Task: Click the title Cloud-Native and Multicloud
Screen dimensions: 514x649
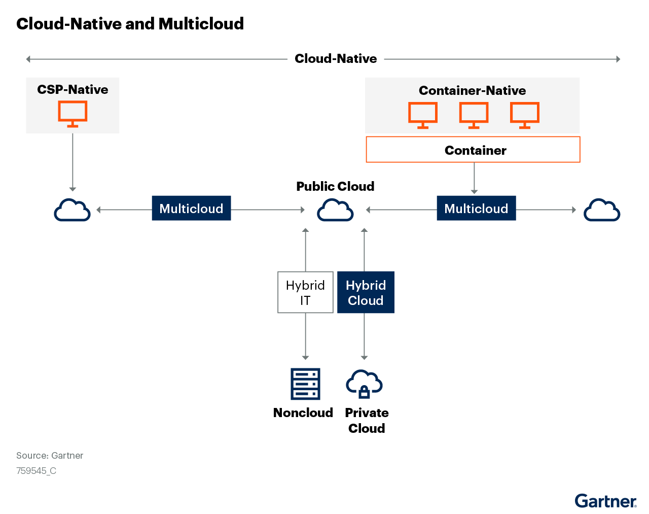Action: tap(130, 24)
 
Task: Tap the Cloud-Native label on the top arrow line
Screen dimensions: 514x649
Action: tap(336, 59)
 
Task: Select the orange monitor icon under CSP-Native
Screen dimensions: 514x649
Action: tap(73, 114)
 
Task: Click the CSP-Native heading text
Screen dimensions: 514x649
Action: tap(73, 90)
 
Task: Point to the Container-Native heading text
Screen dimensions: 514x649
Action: tap(472, 91)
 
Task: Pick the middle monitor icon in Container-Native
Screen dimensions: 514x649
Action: tap(474, 115)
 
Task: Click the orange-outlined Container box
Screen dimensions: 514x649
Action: tap(473, 150)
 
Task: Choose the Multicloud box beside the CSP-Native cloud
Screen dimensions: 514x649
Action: tap(191, 209)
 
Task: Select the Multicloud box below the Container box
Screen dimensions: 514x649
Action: tap(476, 209)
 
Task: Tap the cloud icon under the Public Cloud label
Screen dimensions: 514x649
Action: tap(335, 211)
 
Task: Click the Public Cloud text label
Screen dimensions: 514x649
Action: tap(335, 186)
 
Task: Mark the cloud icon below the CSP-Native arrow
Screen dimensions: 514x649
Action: tap(72, 211)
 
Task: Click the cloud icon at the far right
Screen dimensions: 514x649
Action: tap(602, 211)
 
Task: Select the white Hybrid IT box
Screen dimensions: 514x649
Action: tap(305, 292)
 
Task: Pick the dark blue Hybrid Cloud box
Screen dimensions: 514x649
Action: tap(366, 292)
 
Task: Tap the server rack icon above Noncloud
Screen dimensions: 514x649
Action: tap(305, 384)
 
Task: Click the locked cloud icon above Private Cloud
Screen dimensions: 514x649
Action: tap(364, 384)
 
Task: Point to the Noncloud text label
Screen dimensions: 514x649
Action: tap(303, 413)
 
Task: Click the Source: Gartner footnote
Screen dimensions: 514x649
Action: tap(50, 456)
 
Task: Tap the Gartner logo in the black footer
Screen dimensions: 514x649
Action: tap(605, 501)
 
